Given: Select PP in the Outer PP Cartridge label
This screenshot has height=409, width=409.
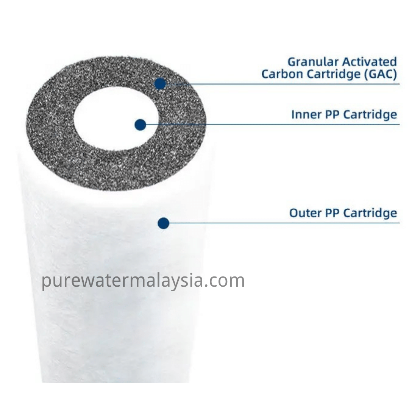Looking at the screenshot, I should click(332, 213).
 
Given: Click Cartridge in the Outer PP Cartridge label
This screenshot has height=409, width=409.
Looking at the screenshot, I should click(370, 213).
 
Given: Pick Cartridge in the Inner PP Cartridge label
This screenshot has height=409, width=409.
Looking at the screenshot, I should click(370, 115).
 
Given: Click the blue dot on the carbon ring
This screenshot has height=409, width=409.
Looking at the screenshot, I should click(161, 84).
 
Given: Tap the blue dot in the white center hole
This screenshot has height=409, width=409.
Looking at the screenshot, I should click(140, 125).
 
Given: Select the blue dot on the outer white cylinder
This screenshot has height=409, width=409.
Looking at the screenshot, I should click(163, 223).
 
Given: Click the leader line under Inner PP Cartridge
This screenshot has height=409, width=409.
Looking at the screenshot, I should click(273, 124).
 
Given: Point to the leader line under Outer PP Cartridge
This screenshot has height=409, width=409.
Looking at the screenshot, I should click(284, 223).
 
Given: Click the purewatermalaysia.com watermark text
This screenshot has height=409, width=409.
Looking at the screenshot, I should click(143, 281).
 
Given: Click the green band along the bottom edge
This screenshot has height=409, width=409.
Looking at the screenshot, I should click(204, 396).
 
